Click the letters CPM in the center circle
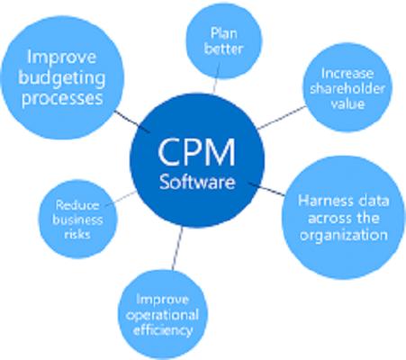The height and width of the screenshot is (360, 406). [x=196, y=152]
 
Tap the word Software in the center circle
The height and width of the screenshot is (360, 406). [x=197, y=182]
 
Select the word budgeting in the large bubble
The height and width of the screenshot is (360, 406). [x=62, y=78]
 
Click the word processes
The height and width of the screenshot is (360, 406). [x=62, y=99]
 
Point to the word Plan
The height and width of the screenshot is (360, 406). [x=224, y=33]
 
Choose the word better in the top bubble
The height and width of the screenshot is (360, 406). [x=223, y=49]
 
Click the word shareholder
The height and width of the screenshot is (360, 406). [x=347, y=88]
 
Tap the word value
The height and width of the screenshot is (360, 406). [x=347, y=103]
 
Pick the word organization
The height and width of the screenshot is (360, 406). [x=344, y=235]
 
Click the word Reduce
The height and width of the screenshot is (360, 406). [x=77, y=205]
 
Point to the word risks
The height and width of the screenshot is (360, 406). [x=77, y=234]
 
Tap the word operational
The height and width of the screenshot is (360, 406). [x=162, y=316]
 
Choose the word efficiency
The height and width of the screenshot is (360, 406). [x=163, y=330]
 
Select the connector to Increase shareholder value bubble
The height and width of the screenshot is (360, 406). [x=282, y=118]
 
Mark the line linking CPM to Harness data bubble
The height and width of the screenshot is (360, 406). [x=266, y=188]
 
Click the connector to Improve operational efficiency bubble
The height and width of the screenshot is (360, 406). [x=177, y=247]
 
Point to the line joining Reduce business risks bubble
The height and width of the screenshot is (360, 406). [x=122, y=199]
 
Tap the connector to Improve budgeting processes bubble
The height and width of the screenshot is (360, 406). [x=132, y=121]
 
